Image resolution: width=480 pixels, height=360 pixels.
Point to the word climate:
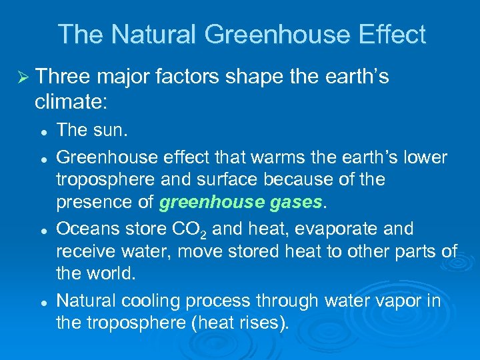click(72, 102)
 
